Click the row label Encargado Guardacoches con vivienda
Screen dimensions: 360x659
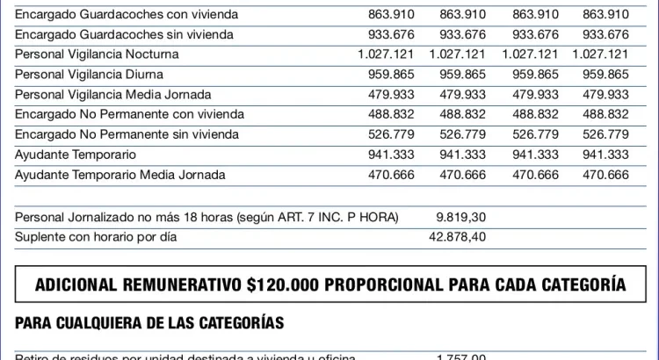point(125,15)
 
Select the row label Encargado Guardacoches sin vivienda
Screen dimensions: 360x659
point(124,34)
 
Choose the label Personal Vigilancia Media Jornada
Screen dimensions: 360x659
point(119,95)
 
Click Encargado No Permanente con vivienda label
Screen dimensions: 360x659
point(129,114)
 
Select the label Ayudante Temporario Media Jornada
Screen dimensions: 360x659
point(120,175)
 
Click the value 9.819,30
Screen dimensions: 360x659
point(460,217)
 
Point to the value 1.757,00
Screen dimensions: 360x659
point(460,356)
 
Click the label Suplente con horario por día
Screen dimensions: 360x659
point(90,237)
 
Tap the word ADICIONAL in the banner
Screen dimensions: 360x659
point(78,285)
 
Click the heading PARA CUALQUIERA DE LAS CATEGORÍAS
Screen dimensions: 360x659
point(149,323)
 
